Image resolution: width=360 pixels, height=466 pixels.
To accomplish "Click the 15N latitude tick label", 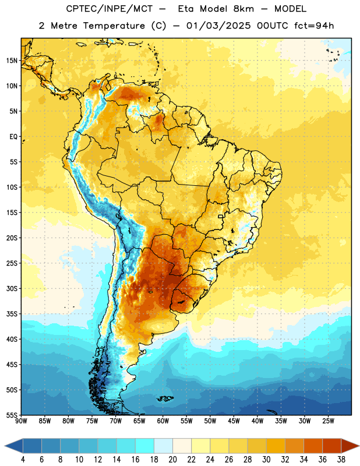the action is tap(12, 61).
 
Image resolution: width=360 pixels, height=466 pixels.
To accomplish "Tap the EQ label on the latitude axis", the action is tap(13, 137).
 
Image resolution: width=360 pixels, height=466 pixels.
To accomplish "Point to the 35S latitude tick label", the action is tap(12, 314).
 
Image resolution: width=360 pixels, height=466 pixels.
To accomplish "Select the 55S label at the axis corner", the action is tap(12, 415).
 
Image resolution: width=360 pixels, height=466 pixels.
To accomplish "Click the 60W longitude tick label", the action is tap(163, 421).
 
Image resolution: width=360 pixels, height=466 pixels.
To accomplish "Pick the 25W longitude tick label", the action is tap(328, 421).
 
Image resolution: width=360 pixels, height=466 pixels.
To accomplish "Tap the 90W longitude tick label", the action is tap(21, 421).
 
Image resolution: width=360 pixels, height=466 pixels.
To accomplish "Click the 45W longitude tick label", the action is tap(234, 421).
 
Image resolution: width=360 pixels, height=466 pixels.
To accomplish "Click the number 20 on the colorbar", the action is tap(172, 460).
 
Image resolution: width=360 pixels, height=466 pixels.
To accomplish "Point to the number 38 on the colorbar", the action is tap(341, 460).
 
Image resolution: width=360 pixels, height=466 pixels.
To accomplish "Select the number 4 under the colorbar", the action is tap(23, 460).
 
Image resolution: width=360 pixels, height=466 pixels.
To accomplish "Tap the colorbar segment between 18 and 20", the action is tap(163, 446).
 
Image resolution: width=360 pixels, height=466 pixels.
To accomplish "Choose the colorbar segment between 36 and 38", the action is tap(332, 446).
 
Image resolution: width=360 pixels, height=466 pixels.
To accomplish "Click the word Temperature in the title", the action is tap(114, 26).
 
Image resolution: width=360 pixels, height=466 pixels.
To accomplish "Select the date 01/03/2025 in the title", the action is tap(218, 26).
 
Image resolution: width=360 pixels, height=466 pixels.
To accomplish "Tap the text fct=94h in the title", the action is tap(314, 26).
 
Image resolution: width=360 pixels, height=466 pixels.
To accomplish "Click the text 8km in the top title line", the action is tap(243, 9).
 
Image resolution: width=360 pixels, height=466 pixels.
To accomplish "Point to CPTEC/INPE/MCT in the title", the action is tap(109, 9).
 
